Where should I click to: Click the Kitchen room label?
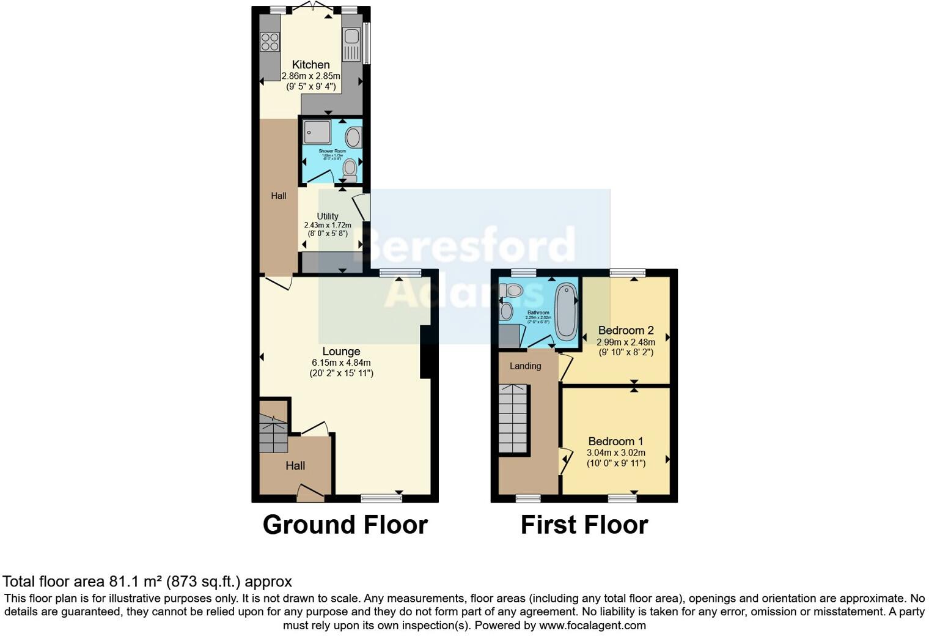310,65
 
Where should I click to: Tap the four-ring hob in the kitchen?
270,42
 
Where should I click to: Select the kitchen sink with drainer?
351,45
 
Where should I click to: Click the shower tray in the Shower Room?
317,131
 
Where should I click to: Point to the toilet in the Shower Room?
350,168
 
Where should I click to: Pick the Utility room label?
328,216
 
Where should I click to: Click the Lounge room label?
341,352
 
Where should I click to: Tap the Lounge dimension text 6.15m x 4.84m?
341,363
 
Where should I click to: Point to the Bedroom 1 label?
615,442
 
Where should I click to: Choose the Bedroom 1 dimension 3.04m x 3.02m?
615,453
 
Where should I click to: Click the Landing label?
525,366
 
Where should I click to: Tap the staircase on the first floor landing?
512,418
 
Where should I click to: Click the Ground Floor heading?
345,525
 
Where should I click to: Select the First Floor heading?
584,525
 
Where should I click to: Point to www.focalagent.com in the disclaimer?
592,626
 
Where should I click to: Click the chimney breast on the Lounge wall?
426,352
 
